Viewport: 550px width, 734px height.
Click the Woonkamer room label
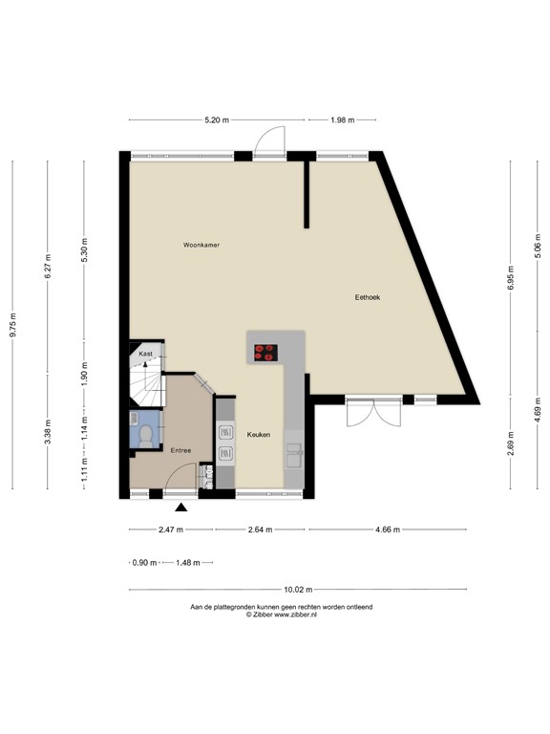201,246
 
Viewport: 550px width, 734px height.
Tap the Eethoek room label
368,297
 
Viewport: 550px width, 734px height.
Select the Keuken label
258,435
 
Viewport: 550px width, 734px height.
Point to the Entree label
180,450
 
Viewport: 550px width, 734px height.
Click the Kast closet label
145,354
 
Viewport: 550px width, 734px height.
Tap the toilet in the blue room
145,435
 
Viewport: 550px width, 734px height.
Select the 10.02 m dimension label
298,590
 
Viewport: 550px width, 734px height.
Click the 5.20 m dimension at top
217,119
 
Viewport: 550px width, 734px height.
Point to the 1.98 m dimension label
342,119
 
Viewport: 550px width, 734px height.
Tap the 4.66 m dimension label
387,529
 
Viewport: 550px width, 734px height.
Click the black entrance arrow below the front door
181,508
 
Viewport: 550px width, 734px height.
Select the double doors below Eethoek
374,413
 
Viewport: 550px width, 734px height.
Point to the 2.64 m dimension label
259,529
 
